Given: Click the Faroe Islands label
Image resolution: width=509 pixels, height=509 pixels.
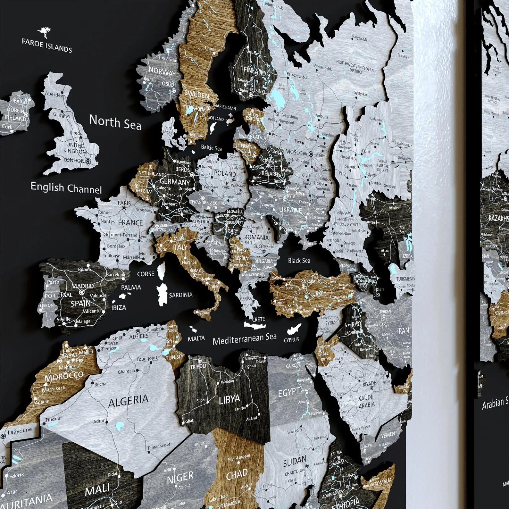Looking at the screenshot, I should pos(47,45).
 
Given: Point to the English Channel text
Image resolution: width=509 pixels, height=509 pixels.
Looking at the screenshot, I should pos(66,188).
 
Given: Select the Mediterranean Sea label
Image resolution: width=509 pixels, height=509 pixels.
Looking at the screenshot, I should pos(244,338).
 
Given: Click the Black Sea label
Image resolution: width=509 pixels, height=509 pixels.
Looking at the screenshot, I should pos(299,261).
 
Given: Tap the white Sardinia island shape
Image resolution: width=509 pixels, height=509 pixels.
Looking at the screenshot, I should pos(163,292).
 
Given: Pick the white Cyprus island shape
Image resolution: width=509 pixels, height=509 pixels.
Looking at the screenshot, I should pos(294,329).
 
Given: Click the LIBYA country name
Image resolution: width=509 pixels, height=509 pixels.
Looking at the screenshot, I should pos(229,399).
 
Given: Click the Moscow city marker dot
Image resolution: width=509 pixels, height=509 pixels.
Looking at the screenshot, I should pos(311,154).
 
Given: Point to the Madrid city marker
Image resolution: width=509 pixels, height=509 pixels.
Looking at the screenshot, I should pos(82,292).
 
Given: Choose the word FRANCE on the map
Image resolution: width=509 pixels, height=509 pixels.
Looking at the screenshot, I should pos(130,222).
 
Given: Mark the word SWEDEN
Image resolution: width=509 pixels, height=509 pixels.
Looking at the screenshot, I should pos(196,95).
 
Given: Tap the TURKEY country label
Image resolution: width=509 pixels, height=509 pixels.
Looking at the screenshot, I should pos(318,293).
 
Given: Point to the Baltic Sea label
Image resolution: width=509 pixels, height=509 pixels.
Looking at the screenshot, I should pos(211,148).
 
